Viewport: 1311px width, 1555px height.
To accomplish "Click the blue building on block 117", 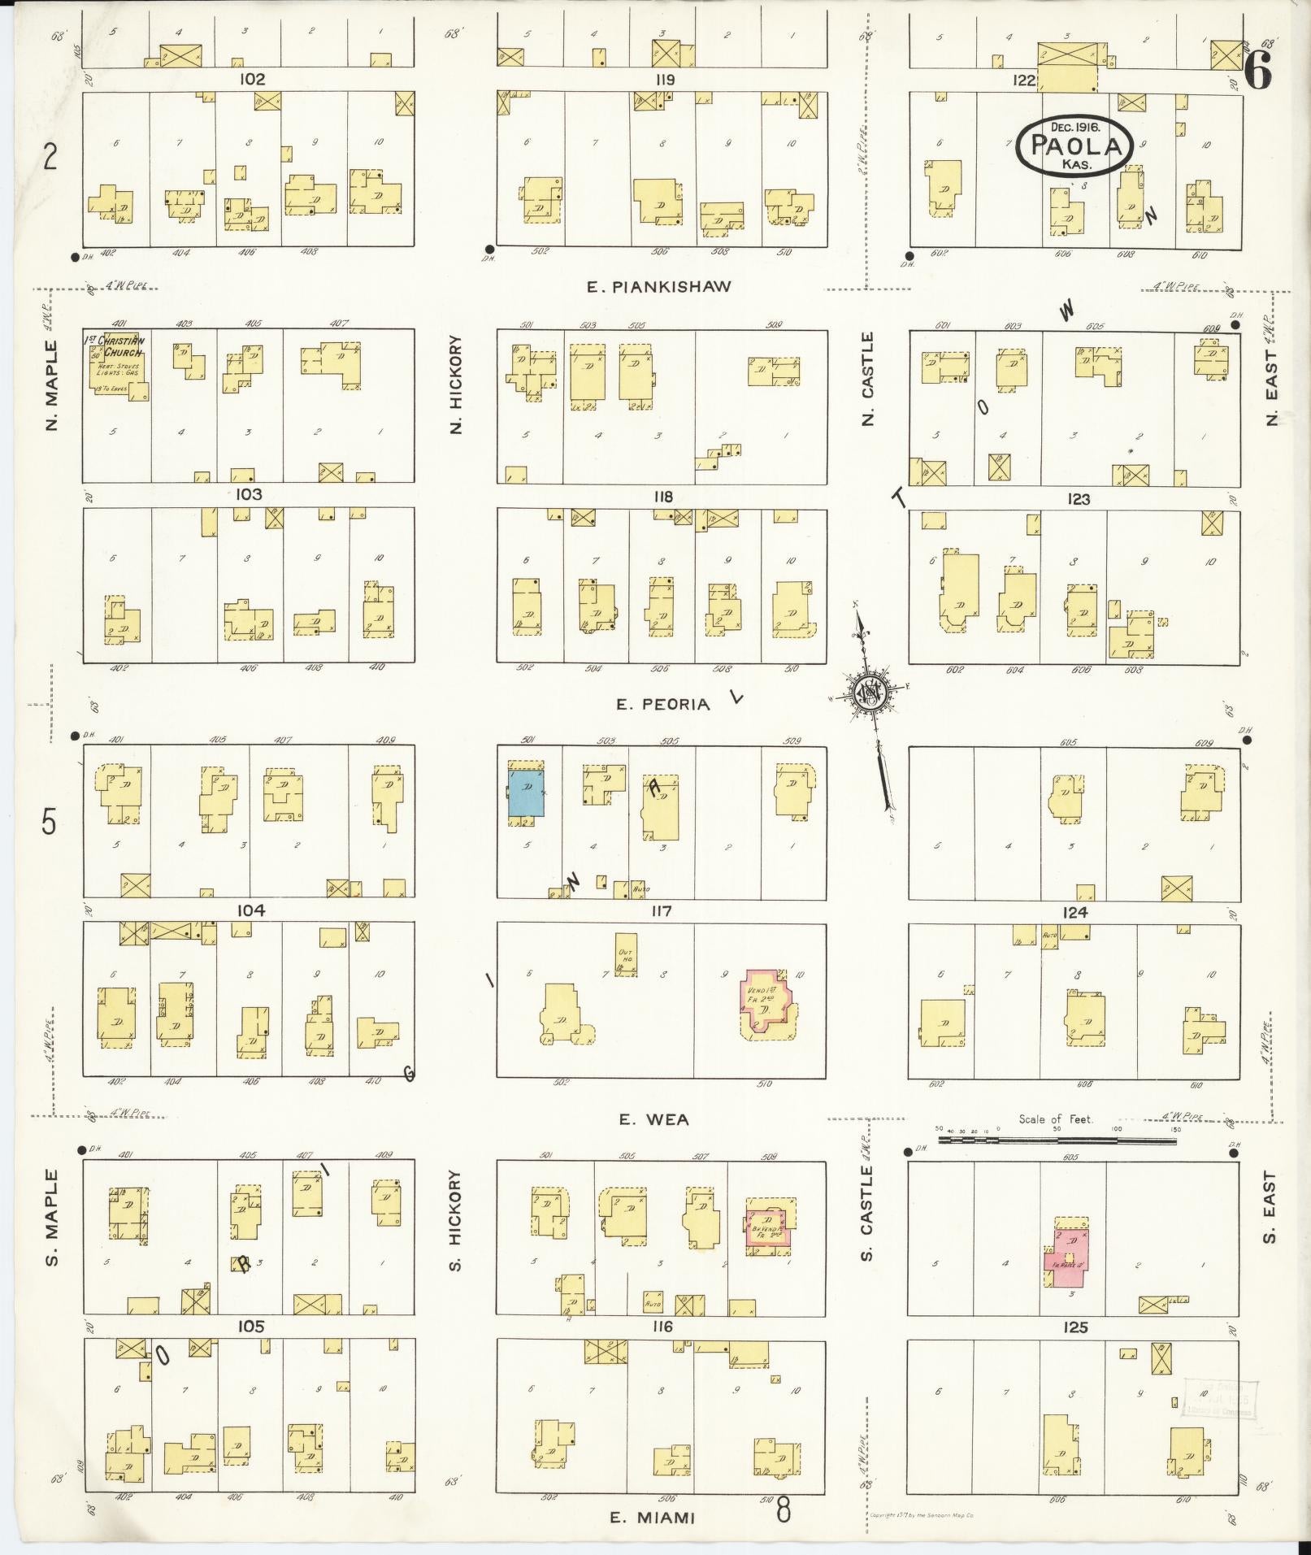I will pos(526,793).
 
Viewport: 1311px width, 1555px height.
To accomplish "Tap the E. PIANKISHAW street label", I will pos(659,286).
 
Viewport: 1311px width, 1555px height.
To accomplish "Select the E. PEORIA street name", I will pos(662,704).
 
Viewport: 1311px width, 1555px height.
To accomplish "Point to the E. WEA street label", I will pos(653,1119).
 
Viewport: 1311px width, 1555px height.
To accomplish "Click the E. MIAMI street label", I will pos(653,1517).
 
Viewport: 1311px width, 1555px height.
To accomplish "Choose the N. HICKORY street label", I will pos(456,384).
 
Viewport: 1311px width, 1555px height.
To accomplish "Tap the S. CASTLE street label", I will pos(866,1214).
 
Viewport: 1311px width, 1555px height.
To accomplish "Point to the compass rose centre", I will pos(869,691).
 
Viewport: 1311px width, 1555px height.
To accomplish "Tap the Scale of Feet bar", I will pos(1057,1140).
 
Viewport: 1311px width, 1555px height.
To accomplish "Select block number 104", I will pos(250,910).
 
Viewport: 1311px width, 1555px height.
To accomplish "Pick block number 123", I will pos(1079,498).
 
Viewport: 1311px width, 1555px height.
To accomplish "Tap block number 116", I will pos(662,1327).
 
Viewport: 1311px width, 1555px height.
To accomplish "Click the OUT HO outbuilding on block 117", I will pos(626,953).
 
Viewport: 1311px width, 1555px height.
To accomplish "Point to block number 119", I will pos(663,80).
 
